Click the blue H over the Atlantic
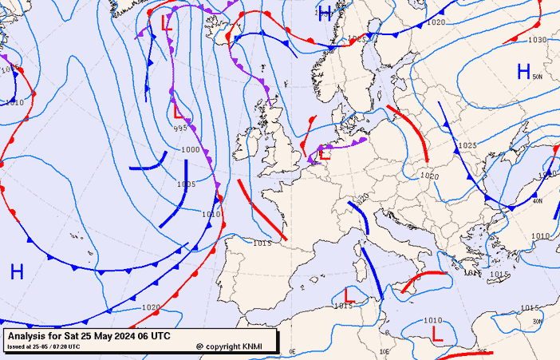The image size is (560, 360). coord(17,271)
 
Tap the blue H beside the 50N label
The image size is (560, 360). coord(523,72)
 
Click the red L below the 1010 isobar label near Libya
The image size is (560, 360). coord(436,333)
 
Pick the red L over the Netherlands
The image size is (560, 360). coord(324,155)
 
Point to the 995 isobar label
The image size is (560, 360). coord(181,129)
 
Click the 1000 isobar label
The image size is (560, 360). coord(191,150)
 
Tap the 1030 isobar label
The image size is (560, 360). coord(538,40)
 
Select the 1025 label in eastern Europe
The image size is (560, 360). coord(467,146)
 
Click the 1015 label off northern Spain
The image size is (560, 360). coord(262,243)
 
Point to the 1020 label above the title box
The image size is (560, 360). coord(151,307)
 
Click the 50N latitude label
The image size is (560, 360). coord(538,77)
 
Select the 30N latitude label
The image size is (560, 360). coord(537,322)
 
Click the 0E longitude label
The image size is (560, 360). coord(292,351)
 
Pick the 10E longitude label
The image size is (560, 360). coord(384,351)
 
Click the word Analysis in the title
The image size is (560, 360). coord(29,336)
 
